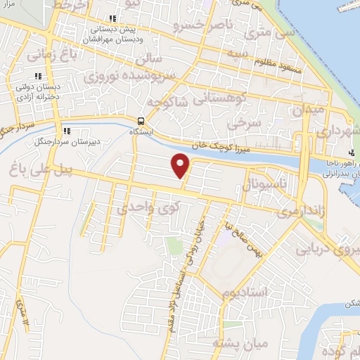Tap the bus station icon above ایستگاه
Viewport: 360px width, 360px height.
[x=142, y=120]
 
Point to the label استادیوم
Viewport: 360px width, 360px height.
[x=243, y=290]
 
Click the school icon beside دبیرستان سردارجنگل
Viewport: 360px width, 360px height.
[x=66, y=131]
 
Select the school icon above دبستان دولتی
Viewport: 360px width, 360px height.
[x=39, y=76]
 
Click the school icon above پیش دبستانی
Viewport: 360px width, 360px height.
[x=111, y=20]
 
